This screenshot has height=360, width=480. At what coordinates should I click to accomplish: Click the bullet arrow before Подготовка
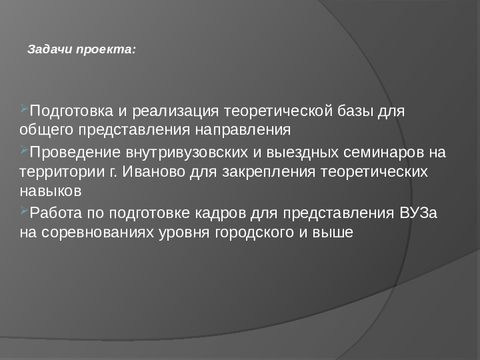click(x=25, y=108)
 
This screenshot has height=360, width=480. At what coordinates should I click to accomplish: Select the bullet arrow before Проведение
click(x=25, y=149)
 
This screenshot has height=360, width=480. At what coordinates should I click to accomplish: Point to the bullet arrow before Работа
click(x=25, y=210)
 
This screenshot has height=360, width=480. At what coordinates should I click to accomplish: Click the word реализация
click(x=175, y=111)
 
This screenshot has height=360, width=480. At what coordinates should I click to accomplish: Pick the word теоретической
click(x=278, y=111)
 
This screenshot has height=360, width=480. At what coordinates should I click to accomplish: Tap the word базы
click(x=355, y=111)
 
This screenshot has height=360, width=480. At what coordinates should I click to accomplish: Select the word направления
click(x=243, y=130)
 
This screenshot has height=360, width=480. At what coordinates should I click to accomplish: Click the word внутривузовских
click(x=187, y=153)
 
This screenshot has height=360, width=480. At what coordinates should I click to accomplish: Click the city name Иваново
click(x=154, y=171)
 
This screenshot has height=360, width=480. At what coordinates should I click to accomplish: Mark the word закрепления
click(x=269, y=172)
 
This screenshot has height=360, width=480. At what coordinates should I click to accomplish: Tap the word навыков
click(x=51, y=191)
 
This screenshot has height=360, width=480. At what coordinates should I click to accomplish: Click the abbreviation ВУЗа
click(x=418, y=213)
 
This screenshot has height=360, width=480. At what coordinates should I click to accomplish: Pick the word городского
click(x=255, y=233)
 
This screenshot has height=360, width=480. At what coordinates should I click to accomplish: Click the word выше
click(x=333, y=233)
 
